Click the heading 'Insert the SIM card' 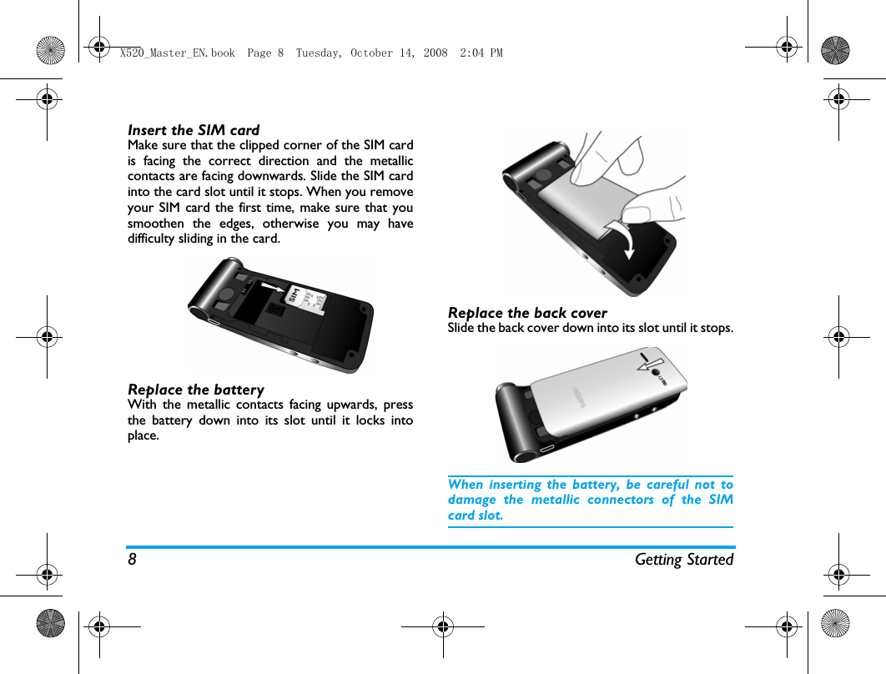tap(194, 130)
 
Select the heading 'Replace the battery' tap(196, 390)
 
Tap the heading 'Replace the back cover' tap(527, 313)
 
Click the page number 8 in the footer tap(132, 560)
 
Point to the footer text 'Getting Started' tap(683, 560)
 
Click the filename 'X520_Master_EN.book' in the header tap(177, 53)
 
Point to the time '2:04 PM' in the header tap(481, 53)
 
